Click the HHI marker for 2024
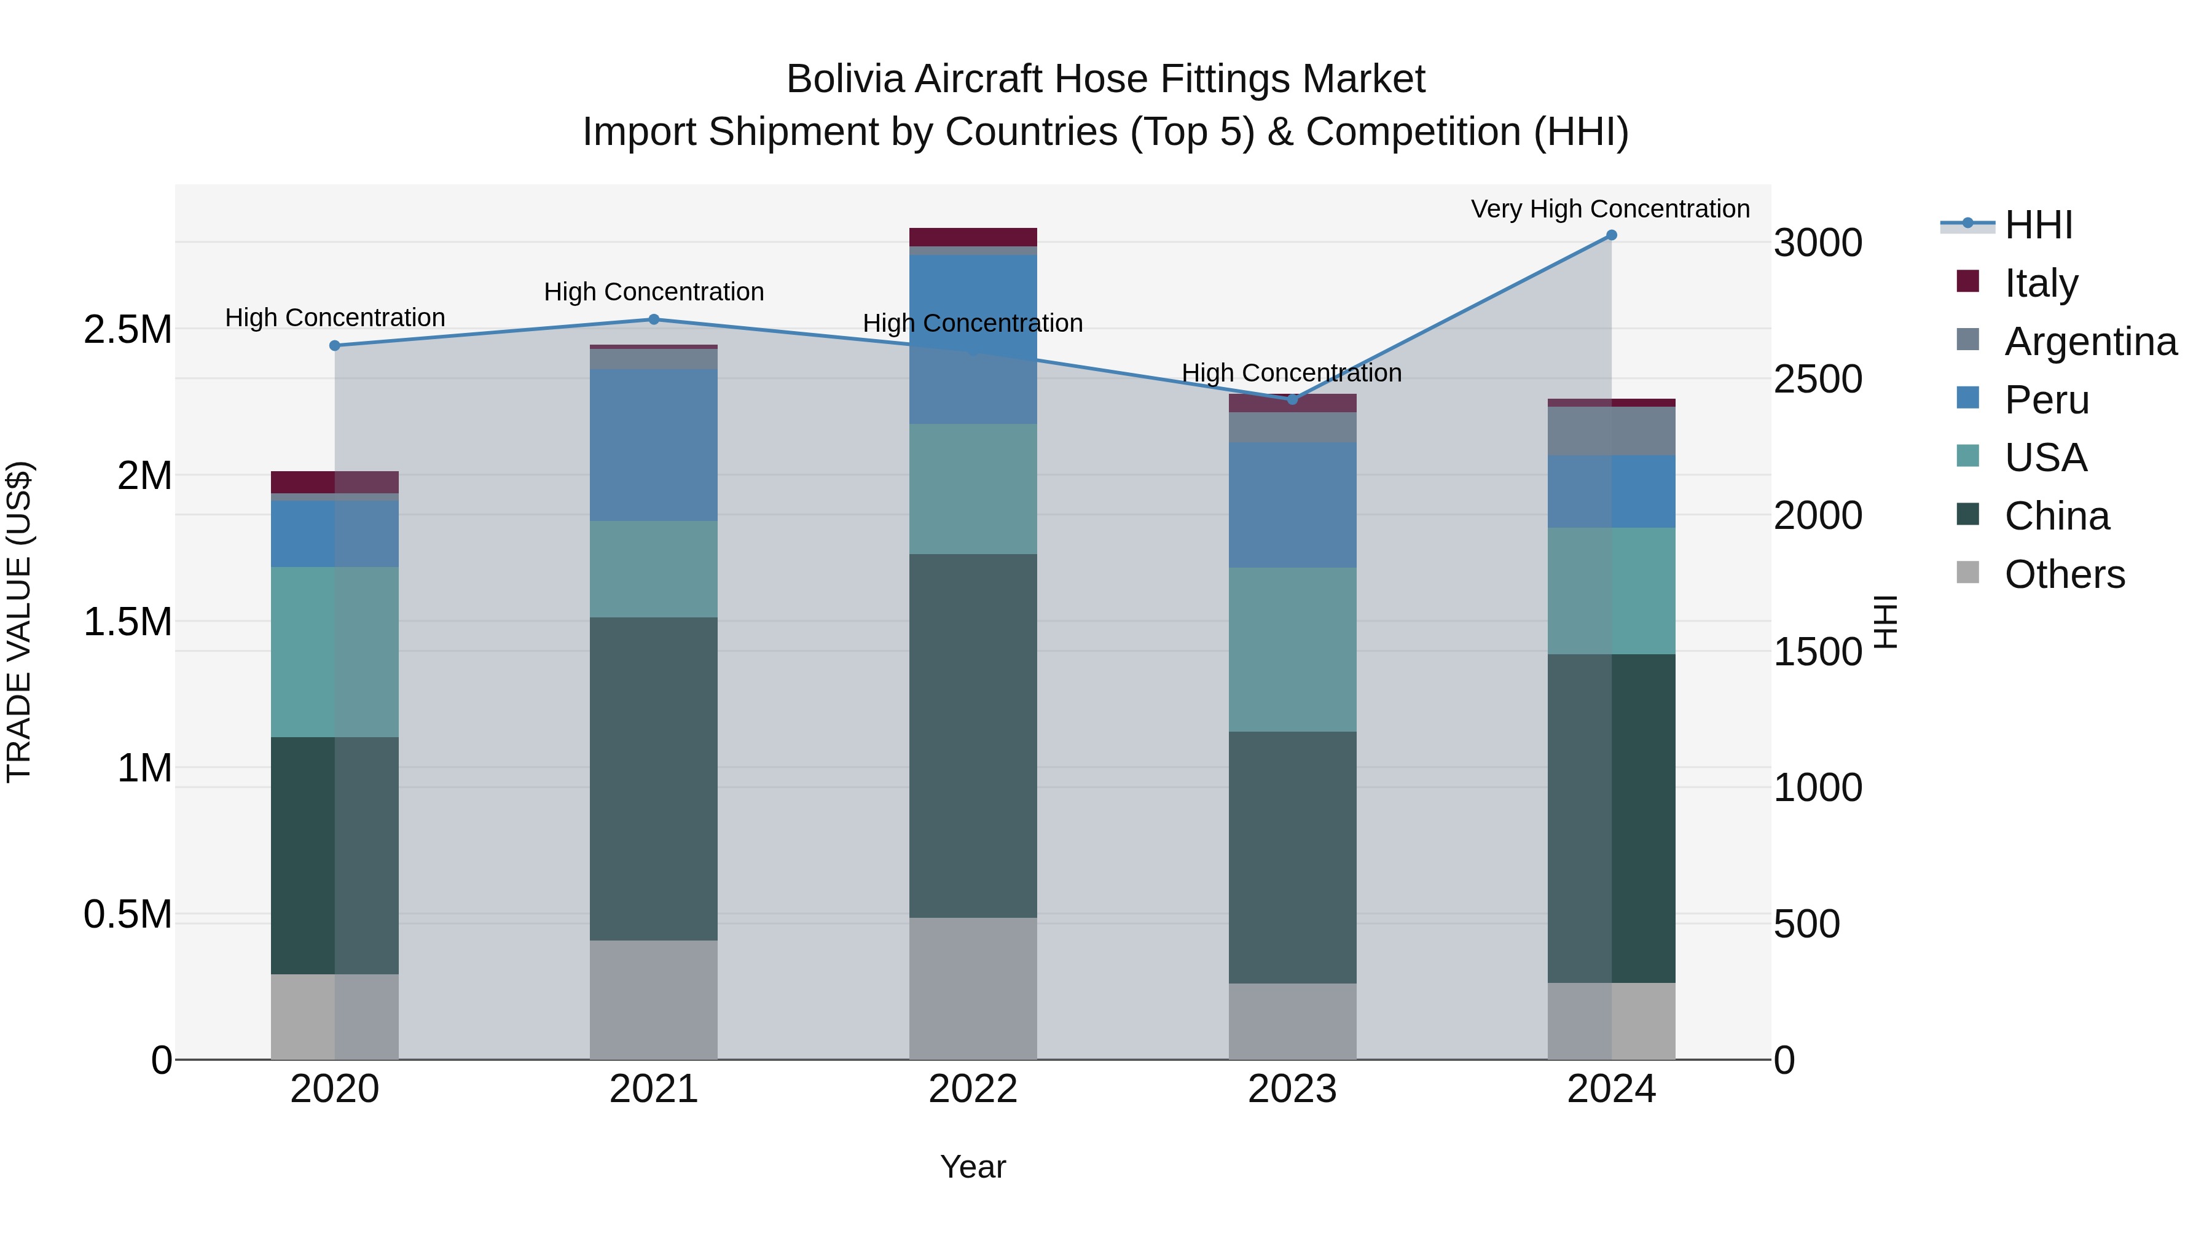1611,235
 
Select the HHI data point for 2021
654,319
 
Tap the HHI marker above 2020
335,346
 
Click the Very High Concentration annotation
1610,209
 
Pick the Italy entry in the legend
2040,283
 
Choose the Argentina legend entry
2090,342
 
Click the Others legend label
2065,574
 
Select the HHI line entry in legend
2037,225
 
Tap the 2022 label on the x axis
973,1089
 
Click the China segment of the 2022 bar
973,736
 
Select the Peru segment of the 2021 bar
654,445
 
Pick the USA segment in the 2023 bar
1292,649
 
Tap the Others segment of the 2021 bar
654,1000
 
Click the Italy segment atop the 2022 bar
973,237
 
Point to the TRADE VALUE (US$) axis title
19,622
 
